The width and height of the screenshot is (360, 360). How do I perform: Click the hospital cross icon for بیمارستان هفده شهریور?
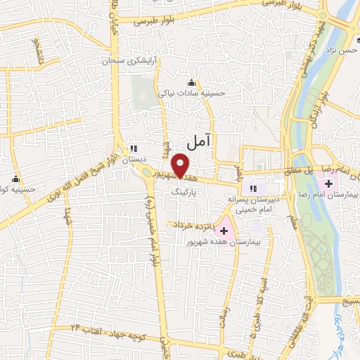tap(224, 230)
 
